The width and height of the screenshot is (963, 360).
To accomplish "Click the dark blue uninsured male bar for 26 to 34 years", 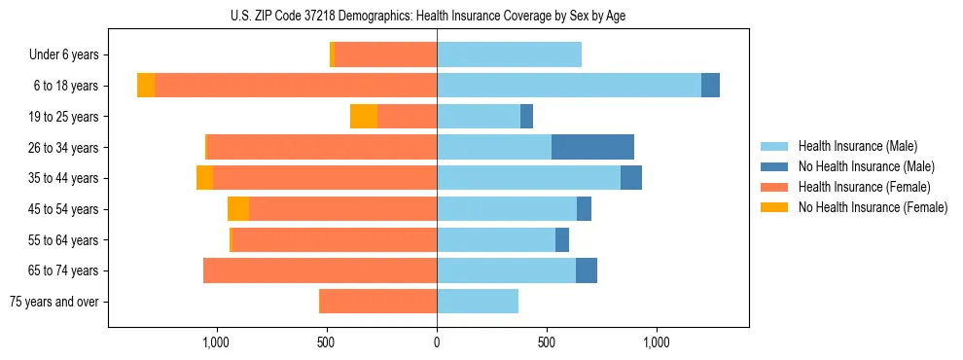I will tap(592, 147).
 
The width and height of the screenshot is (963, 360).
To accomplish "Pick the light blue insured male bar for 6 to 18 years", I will tap(568, 86).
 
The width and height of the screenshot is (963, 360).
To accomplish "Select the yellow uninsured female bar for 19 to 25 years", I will tap(364, 117).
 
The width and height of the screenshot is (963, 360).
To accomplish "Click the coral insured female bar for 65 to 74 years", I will tap(319, 270).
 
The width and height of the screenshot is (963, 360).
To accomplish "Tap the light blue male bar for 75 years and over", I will tap(477, 302).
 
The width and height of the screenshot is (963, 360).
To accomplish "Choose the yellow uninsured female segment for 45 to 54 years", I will tap(238, 209).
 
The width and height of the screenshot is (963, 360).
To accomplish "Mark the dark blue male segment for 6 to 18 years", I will tap(710, 86).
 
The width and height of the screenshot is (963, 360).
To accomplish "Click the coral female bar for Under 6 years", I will tap(385, 55).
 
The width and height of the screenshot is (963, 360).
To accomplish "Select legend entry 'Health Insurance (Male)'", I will tap(857, 146).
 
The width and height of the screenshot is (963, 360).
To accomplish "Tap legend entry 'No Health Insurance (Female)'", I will tap(873, 207).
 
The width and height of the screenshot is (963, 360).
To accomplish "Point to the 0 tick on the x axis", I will tap(437, 342).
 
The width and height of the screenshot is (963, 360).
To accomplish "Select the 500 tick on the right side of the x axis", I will tap(547, 342).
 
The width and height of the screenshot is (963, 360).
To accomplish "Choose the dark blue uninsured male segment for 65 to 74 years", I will tap(587, 270).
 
